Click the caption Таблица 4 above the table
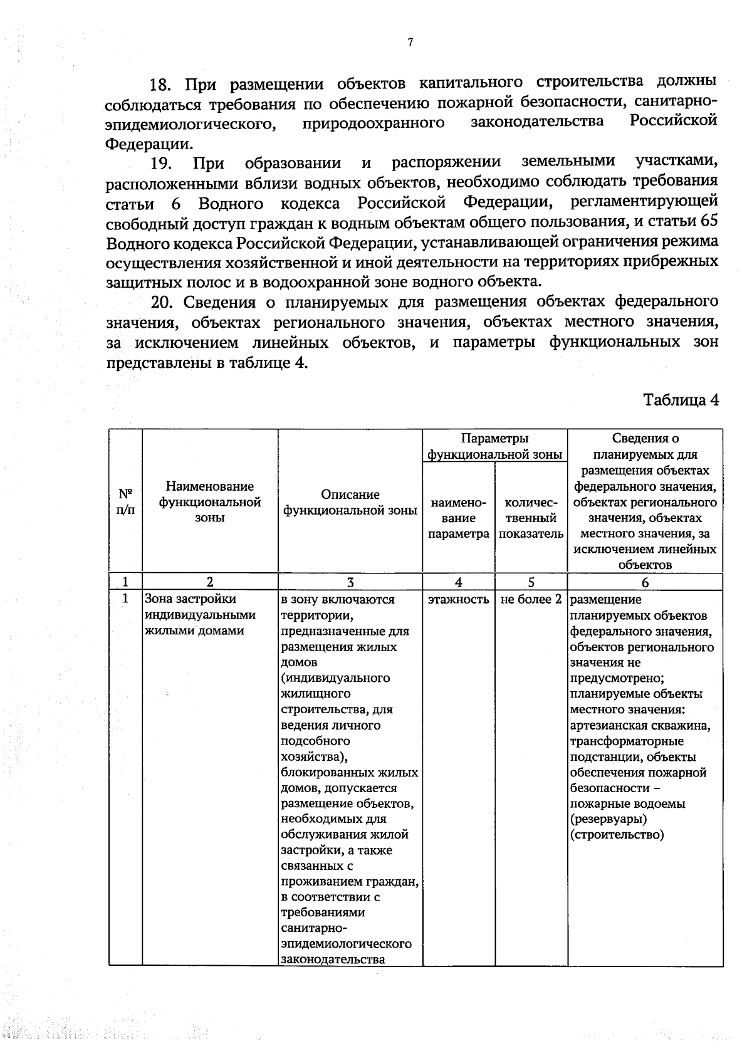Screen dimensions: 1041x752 [x=681, y=400]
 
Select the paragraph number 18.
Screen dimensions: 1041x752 [x=164, y=84]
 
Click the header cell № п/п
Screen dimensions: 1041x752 [x=125, y=501]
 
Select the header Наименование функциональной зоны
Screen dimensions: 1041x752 [x=210, y=501]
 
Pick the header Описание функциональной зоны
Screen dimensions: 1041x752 [x=350, y=503]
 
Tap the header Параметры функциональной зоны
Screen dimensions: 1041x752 [x=494, y=446]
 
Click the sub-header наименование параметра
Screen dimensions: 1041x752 [x=459, y=518]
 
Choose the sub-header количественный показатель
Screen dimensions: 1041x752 [x=531, y=518]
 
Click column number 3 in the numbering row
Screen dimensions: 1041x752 [x=350, y=582]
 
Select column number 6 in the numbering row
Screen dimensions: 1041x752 [x=645, y=582]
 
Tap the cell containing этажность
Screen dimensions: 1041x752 [x=459, y=600]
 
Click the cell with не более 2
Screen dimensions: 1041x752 [x=531, y=600]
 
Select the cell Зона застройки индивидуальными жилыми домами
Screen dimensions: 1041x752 [x=201, y=615]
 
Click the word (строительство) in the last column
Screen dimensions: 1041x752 [x=617, y=835]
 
